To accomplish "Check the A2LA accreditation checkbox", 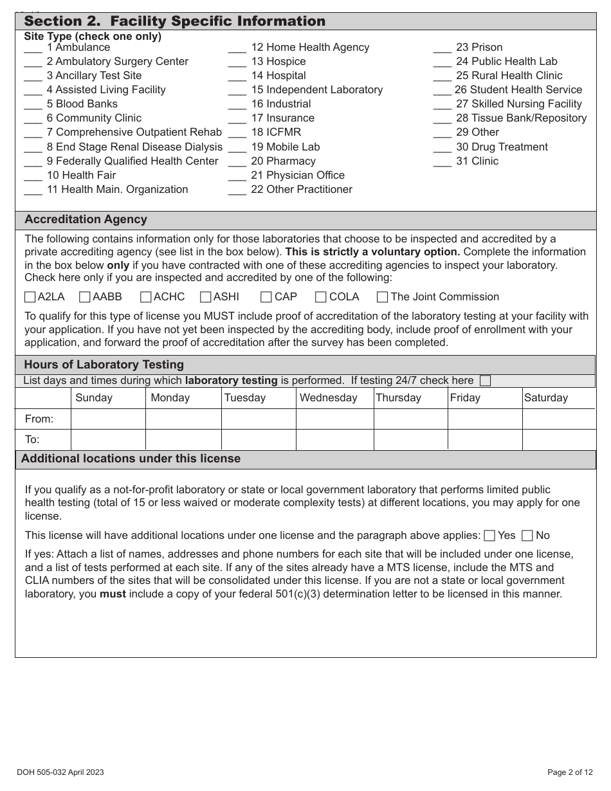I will tap(30, 297).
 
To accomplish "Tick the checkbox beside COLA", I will tap(321, 297).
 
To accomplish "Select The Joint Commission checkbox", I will tap(382, 297).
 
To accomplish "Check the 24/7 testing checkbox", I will tap(486, 381).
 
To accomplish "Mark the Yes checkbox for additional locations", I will tap(489, 536).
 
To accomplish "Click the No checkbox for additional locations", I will tap(527, 536).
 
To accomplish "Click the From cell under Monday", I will tap(183, 419).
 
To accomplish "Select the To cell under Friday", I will tap(485, 440).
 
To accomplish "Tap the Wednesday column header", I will tap(328, 397).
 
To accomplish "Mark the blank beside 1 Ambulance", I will tap(33, 49).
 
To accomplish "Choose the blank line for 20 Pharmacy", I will tap(237, 163).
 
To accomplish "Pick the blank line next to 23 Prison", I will tap(442, 49).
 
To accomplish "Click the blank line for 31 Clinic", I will tap(442, 163).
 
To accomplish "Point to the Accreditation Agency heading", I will tap(86, 219).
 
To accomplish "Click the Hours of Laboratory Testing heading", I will tap(104, 365).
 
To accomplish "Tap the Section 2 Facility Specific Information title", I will tap(174, 21).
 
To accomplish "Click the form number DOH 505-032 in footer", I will tap(57, 772).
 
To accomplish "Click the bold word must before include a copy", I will tap(113, 594).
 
